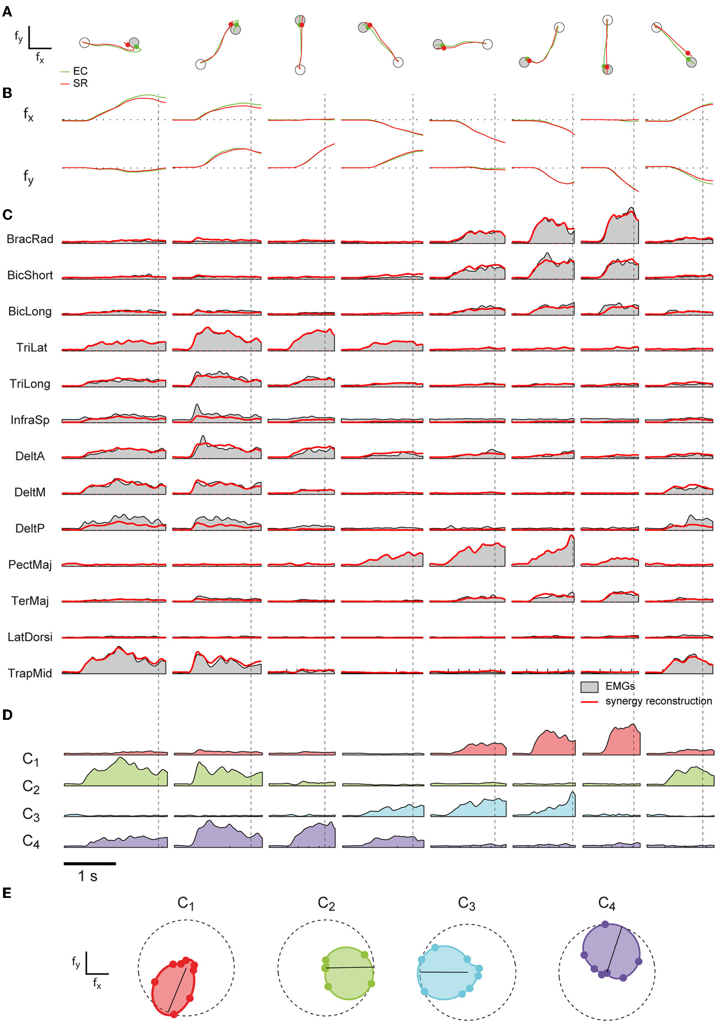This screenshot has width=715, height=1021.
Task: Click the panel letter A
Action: pos(7,12)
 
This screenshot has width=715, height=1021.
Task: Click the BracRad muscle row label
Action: pos(30,239)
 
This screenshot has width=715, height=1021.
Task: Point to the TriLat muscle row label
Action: pos(32,348)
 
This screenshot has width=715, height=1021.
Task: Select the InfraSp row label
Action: pos(30,420)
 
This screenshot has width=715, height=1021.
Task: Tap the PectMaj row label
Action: pos(30,565)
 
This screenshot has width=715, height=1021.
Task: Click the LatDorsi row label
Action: pos(30,637)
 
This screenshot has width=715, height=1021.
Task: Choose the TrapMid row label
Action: pos(30,673)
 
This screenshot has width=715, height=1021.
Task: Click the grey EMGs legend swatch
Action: pos(589,687)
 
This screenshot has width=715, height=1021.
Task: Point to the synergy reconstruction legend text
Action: pos(658,701)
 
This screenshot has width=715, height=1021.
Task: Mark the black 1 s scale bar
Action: pos(90,864)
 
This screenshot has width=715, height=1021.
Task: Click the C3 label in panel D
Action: pos(31,815)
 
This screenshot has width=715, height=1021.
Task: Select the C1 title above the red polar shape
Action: pos(185,904)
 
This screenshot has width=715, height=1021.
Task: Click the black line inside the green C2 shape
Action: pos(350,967)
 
